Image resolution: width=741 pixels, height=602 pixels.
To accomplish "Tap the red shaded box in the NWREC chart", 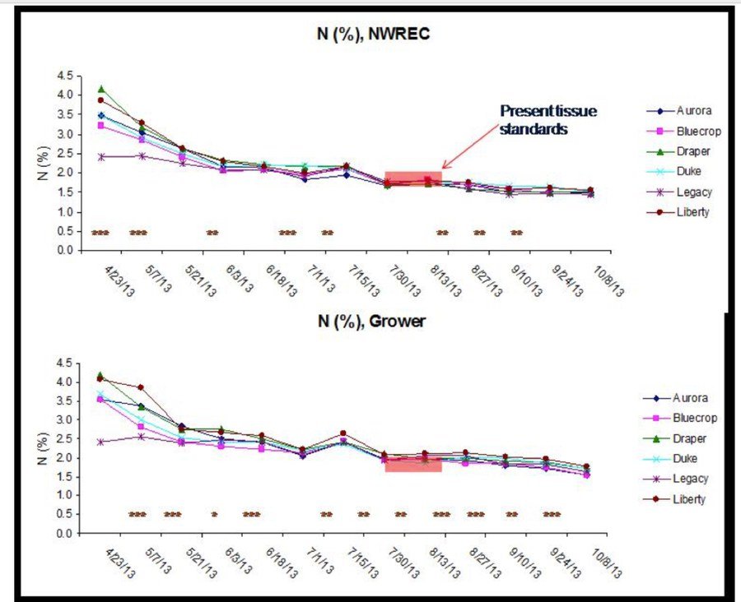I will [x=413, y=178].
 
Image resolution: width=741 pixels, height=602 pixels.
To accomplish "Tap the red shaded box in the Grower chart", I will [x=413, y=465].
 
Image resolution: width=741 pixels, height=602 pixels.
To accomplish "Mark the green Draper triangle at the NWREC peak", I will [x=101, y=89].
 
